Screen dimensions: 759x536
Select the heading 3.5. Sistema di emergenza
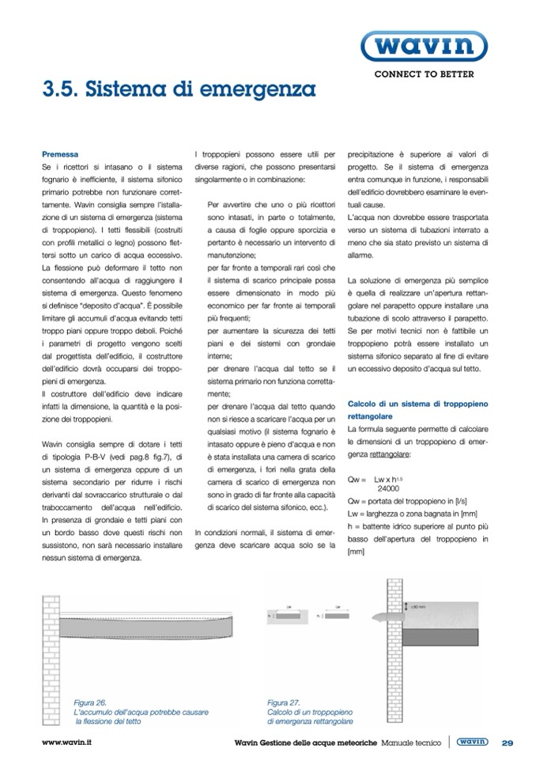[179, 89]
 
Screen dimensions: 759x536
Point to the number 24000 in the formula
[386, 490]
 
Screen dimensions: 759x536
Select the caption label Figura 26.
[90, 702]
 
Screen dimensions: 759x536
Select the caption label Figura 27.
[284, 702]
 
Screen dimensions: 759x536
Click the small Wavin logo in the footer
[472, 742]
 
